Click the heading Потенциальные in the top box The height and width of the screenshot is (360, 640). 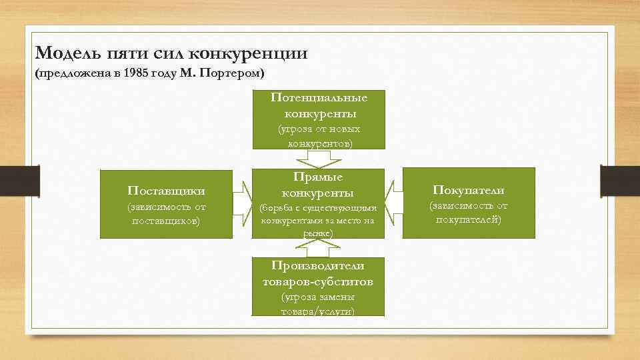(319, 97)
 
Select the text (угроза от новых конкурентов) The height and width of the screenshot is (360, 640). (319, 136)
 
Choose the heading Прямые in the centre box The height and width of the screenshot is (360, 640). (318, 177)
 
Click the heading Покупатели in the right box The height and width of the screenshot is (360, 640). (468, 190)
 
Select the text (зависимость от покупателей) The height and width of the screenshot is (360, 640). (468, 213)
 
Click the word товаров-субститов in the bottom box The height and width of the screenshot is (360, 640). (318, 281)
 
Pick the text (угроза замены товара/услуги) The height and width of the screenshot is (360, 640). (318, 304)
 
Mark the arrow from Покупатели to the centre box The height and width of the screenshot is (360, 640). (395, 203)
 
